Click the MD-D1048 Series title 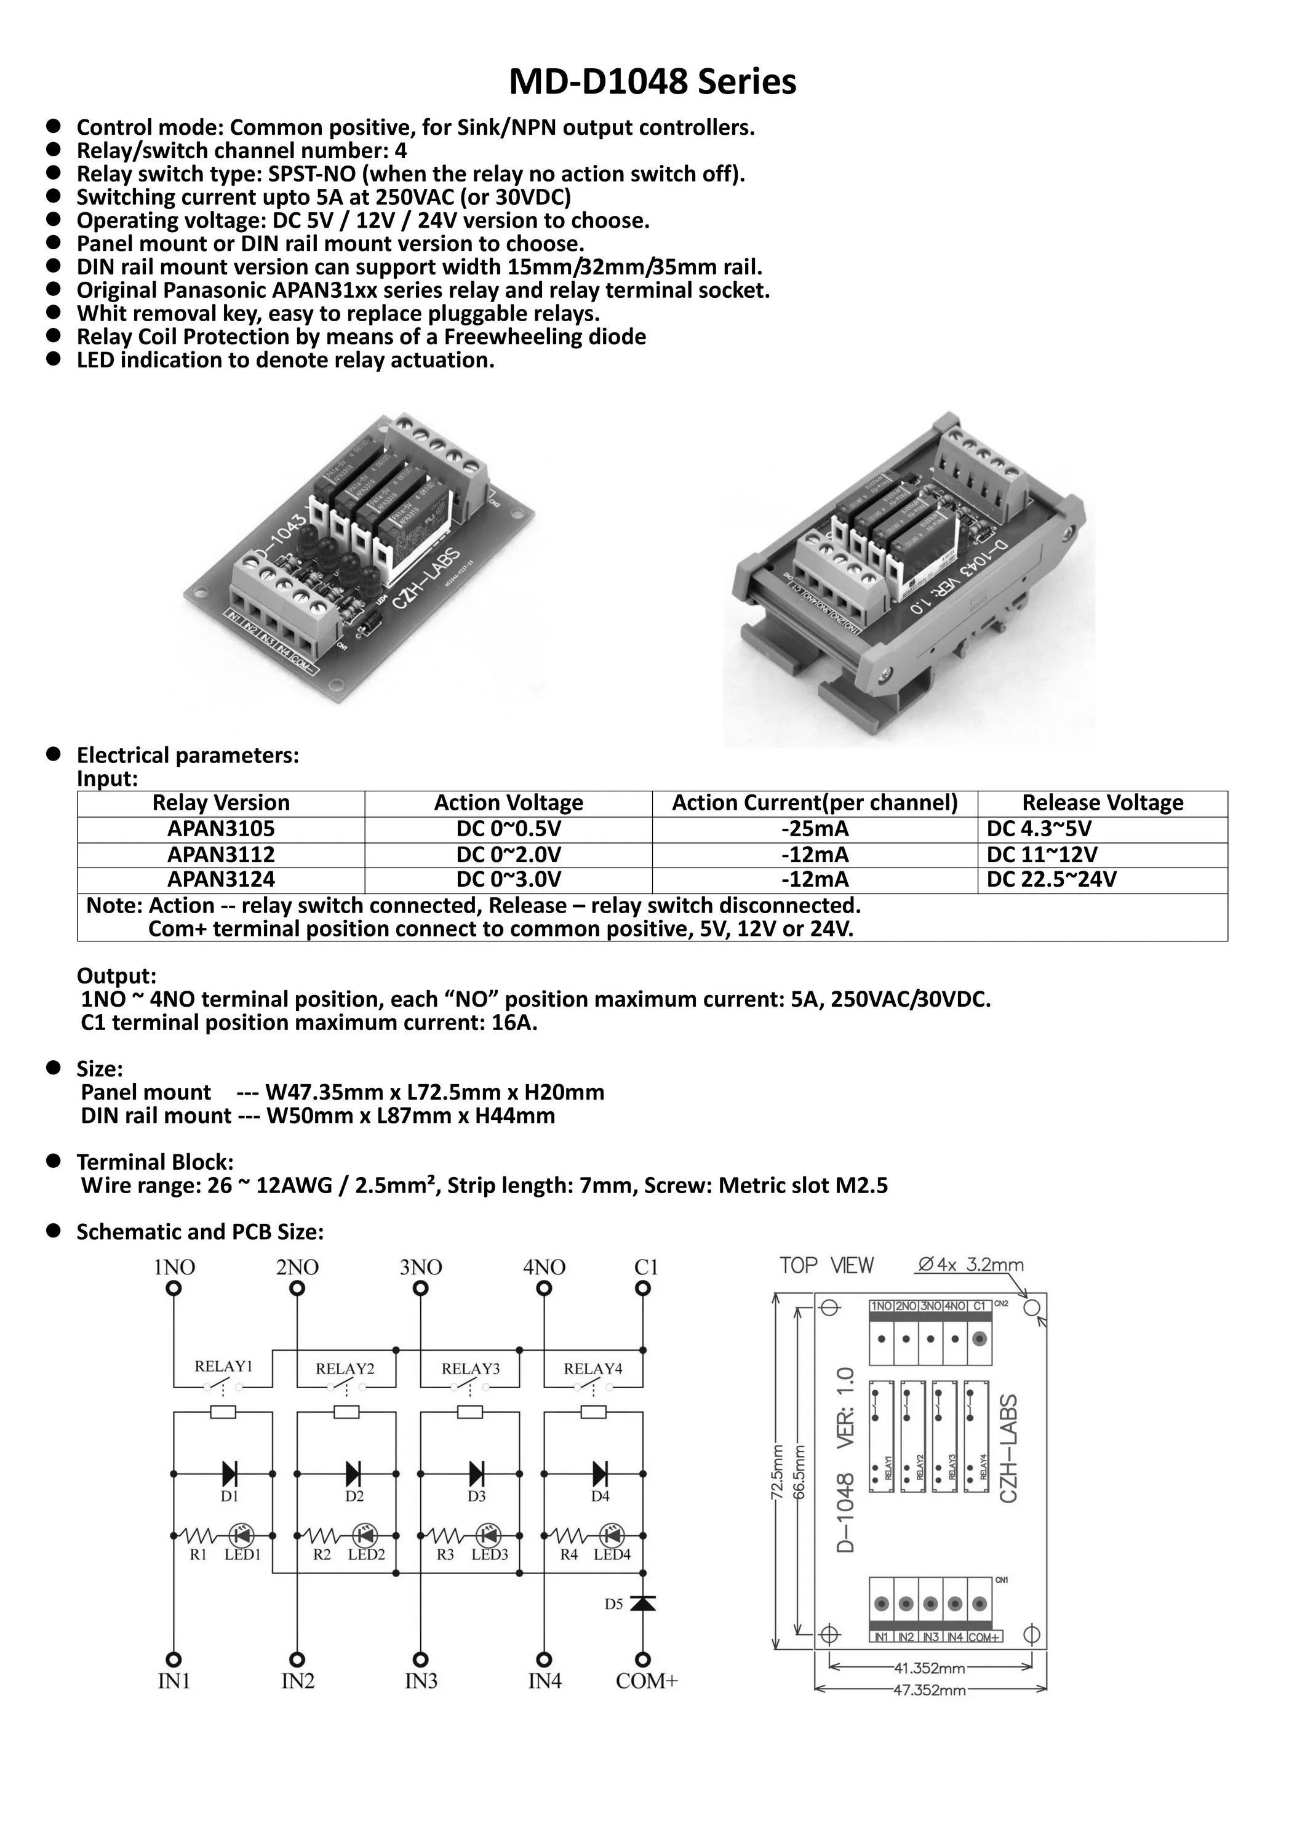(x=652, y=82)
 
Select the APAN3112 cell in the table (x=220, y=854)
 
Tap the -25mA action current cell (x=815, y=829)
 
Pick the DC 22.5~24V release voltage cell (x=1051, y=879)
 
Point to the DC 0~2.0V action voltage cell (x=508, y=854)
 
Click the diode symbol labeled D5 (x=642, y=1603)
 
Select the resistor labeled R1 (x=197, y=1535)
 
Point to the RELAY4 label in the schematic (x=593, y=1369)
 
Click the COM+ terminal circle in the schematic (x=642, y=1660)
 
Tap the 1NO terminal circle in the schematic (x=174, y=1288)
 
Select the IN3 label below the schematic (x=420, y=1681)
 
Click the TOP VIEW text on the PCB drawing (x=826, y=1266)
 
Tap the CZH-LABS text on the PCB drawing (x=1009, y=1448)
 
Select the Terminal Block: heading (x=154, y=1162)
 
